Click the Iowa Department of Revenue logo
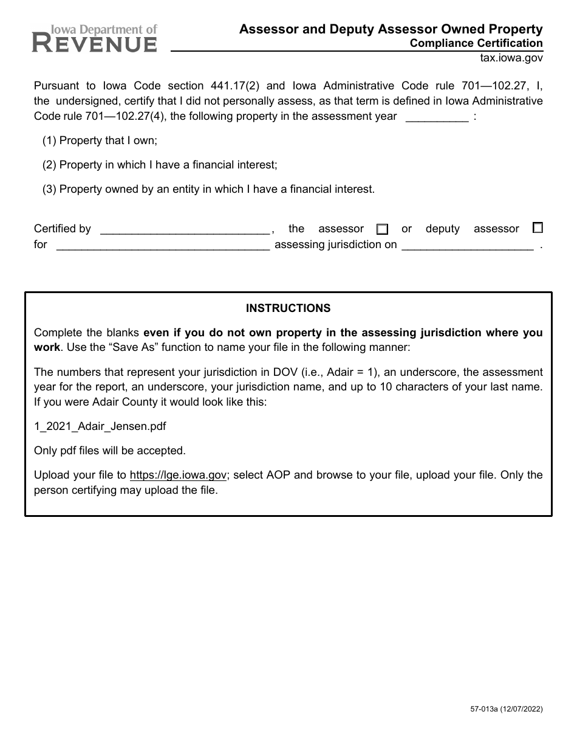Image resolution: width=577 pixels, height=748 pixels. coord(95,38)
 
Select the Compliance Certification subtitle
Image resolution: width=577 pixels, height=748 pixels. coord(476,43)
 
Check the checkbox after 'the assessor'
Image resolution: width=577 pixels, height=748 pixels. coord(382,229)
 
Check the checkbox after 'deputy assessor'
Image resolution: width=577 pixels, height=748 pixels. coord(537,228)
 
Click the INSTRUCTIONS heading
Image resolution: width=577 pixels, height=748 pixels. coord(288,308)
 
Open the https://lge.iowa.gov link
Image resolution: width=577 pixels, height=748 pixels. coord(178,475)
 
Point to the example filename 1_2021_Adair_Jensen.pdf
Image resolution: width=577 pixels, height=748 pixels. coord(100,426)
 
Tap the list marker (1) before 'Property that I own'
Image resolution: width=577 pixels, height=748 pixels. coord(49,140)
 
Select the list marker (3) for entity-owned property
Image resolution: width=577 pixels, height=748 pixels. coord(49,189)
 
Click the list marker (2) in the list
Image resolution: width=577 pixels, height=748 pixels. coord(49,165)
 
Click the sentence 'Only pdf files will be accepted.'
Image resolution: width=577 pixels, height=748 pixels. coord(110,451)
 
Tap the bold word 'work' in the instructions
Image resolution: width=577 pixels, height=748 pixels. coord(47,347)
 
